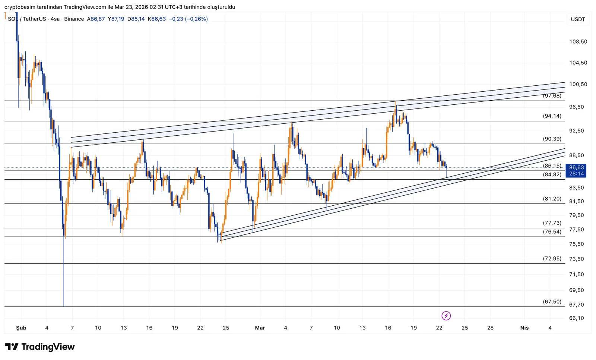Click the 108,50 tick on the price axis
578,42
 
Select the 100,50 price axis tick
578,85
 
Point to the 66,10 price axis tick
576,318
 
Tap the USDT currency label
578,19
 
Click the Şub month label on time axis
21,328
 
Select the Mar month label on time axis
260,328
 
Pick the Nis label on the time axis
524,328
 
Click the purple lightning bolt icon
446,316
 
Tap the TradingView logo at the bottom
40,347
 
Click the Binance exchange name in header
74,19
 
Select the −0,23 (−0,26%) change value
188,19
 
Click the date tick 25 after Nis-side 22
465,328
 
